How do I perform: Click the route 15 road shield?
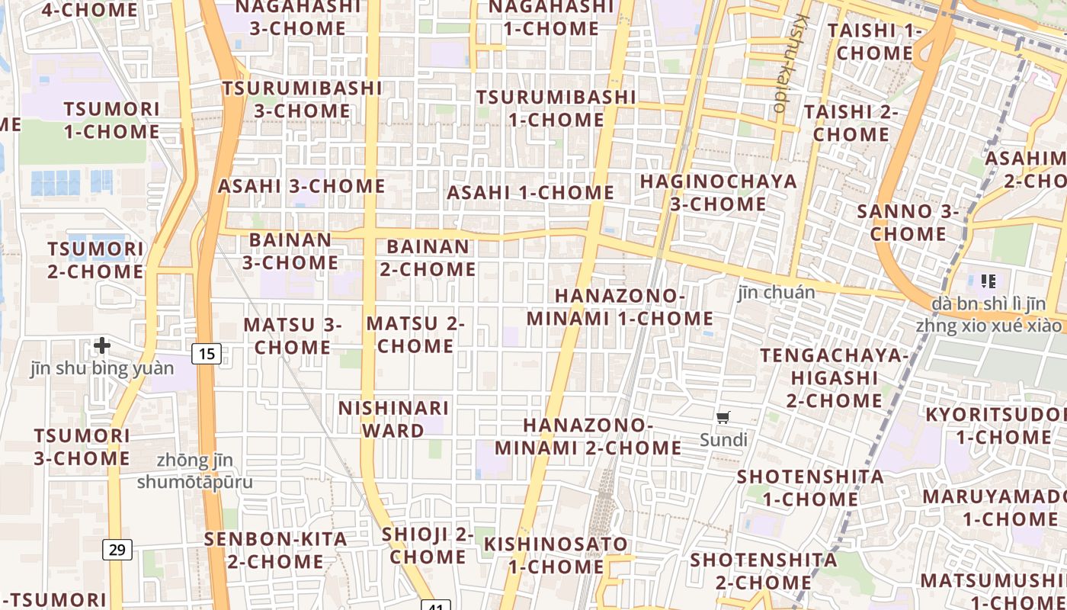[207, 353]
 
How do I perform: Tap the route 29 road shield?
[117, 549]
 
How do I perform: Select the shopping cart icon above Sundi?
[723, 417]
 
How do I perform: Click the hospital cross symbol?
[102, 346]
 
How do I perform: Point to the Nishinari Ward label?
[393, 419]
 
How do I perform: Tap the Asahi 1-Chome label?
[530, 193]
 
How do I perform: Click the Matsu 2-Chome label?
[415, 335]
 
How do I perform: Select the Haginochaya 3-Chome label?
[719, 193]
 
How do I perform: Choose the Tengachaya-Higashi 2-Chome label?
[834, 377]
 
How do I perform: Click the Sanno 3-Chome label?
[908, 223]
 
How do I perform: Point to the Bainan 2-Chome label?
[428, 258]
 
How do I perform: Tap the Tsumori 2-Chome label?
[95, 260]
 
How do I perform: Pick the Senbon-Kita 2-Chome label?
[275, 550]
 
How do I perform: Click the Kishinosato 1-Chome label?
[556, 555]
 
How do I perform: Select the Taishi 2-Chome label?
[851, 123]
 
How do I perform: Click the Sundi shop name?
[723, 440]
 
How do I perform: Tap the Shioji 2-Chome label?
[428, 545]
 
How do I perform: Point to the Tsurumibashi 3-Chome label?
[303, 99]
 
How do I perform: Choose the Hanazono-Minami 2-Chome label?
[588, 436]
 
